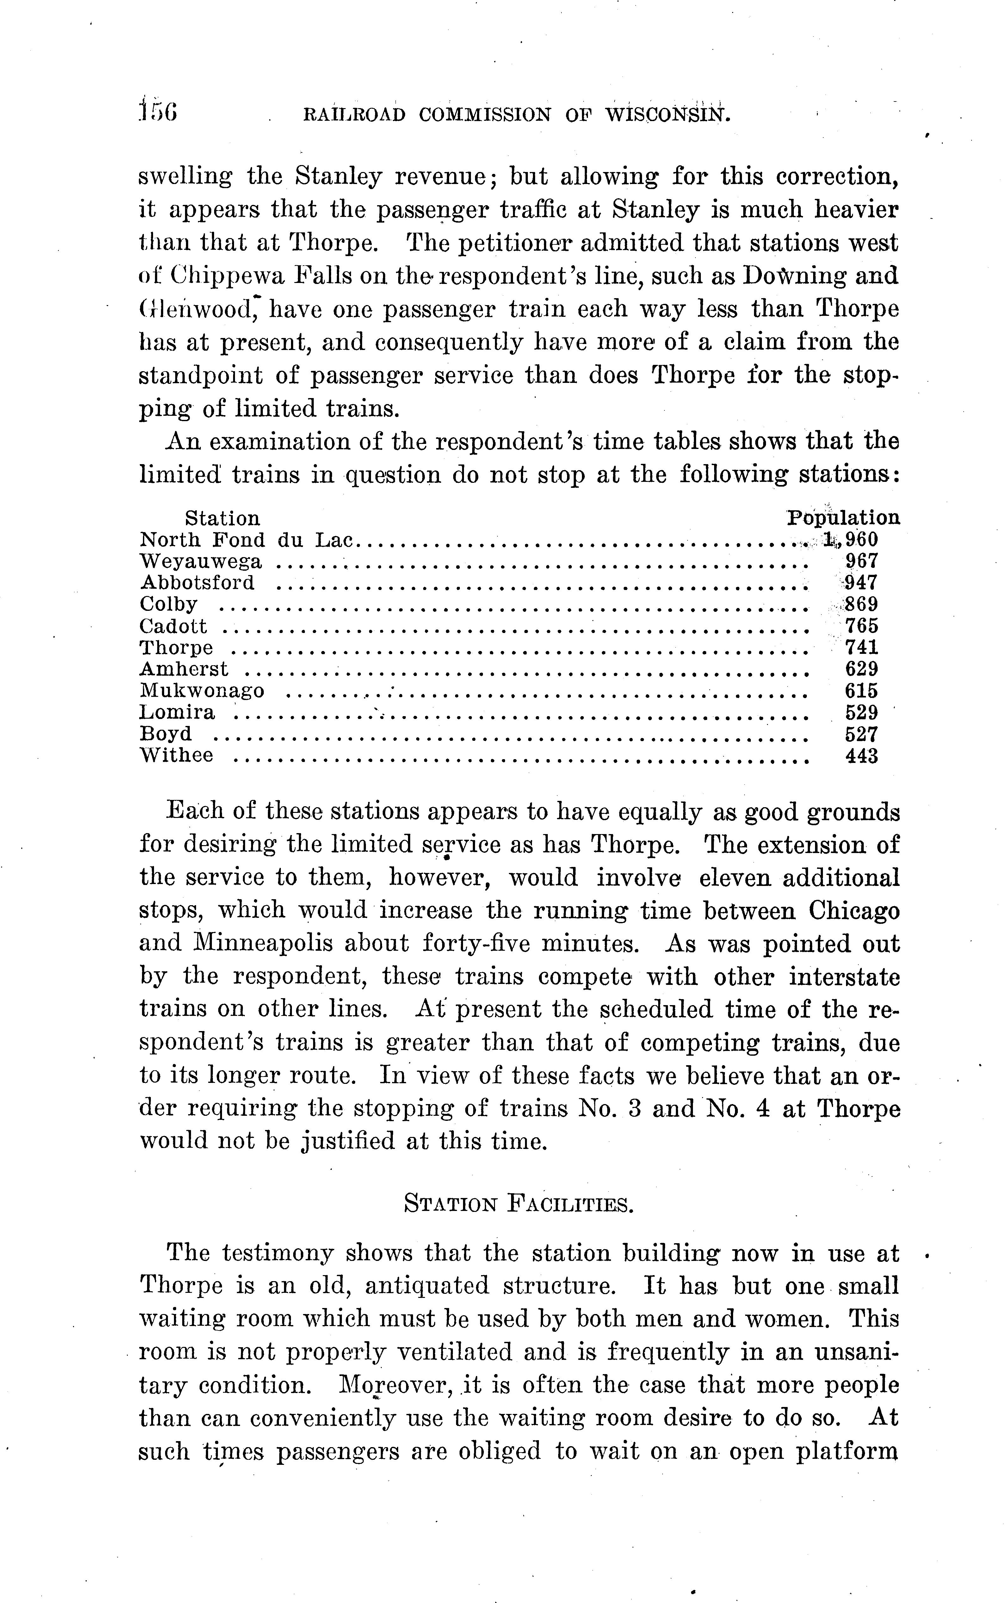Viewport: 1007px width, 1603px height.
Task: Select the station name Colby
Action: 169,604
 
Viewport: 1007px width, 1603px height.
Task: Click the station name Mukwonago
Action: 202,690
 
